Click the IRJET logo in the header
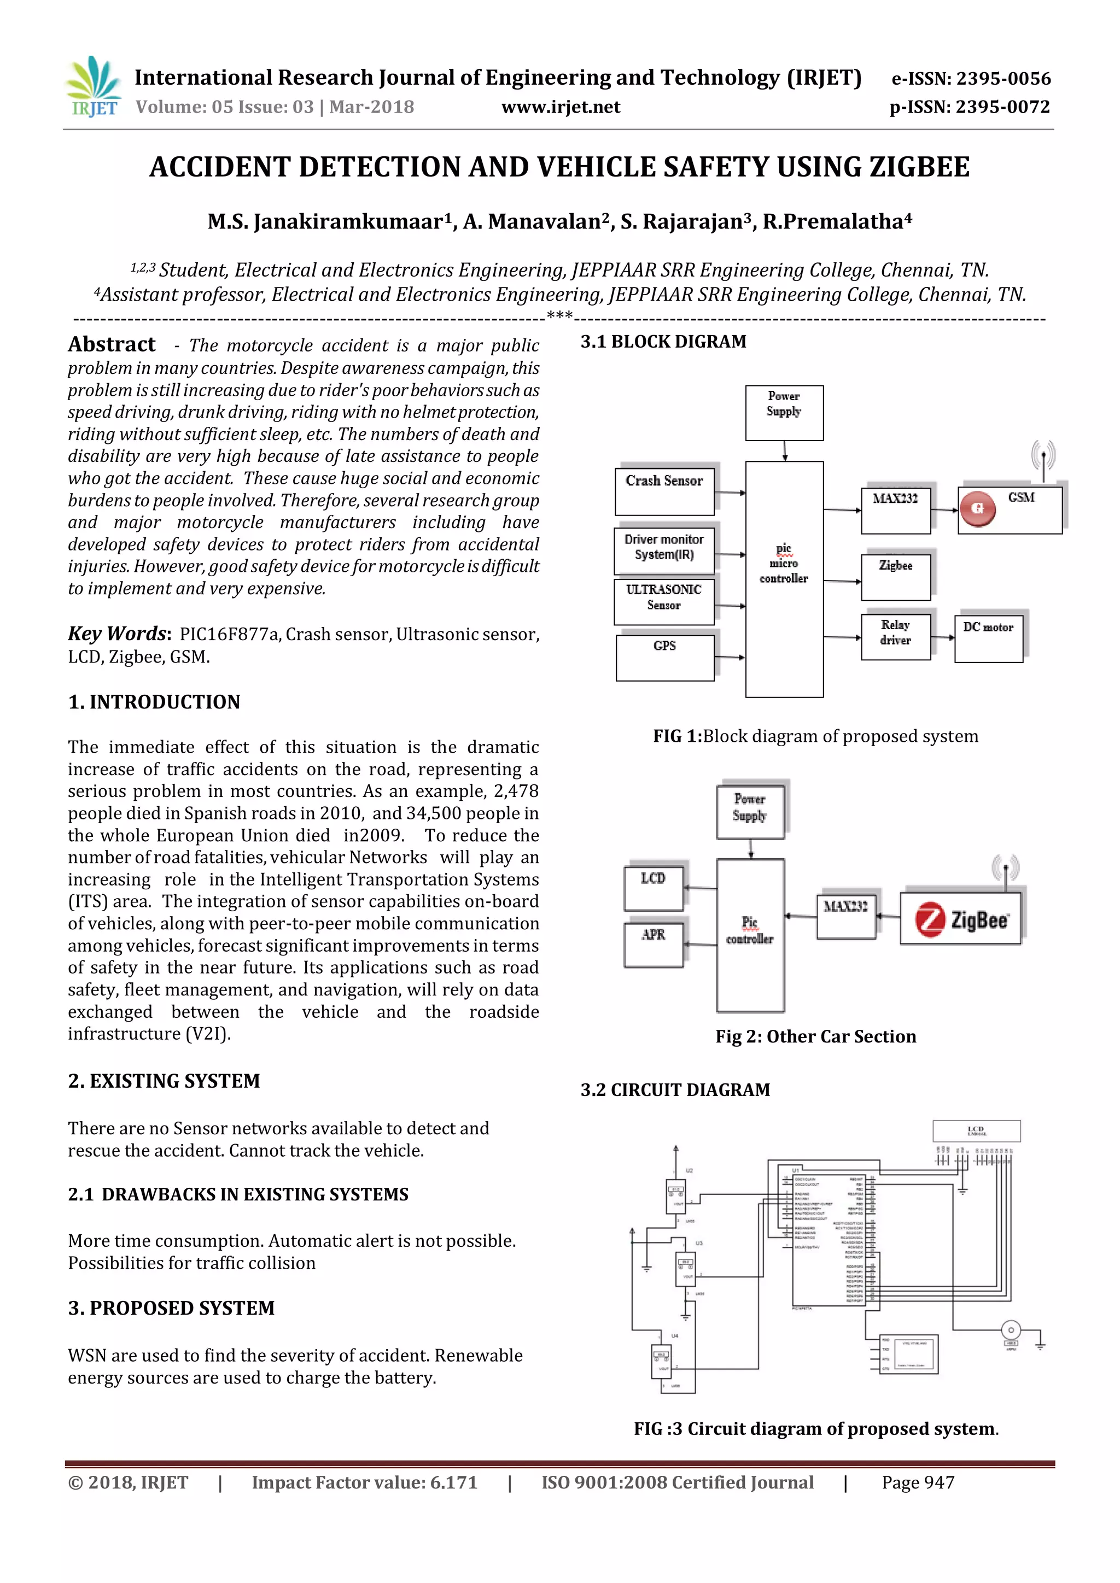click(93, 86)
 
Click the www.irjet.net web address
click(560, 107)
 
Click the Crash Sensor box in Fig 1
click(664, 491)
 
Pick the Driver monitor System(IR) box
click(664, 550)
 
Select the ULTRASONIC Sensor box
click(664, 601)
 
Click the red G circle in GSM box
click(977, 509)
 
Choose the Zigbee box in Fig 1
click(895, 576)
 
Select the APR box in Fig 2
click(653, 945)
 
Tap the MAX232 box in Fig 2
click(845, 916)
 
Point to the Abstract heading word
click(112, 344)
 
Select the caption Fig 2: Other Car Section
click(815, 1036)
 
